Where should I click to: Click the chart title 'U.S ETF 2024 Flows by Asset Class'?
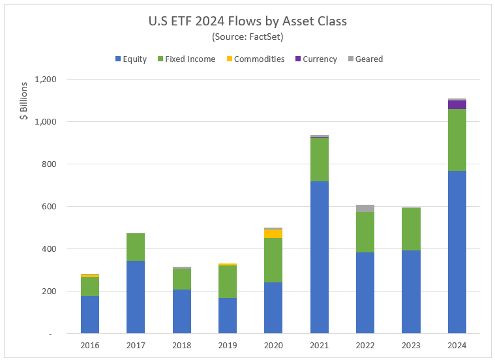click(x=247, y=21)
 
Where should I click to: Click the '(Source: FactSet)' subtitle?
click(x=247, y=37)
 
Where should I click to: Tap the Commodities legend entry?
click(x=254, y=59)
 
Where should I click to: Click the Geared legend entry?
click(x=365, y=59)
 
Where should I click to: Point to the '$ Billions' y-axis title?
click(x=24, y=101)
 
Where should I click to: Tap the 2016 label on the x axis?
click(x=90, y=346)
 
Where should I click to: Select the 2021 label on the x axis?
click(x=320, y=346)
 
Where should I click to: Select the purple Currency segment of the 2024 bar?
click(x=457, y=104)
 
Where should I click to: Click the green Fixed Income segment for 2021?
click(x=320, y=159)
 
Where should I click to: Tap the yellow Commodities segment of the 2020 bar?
click(x=273, y=233)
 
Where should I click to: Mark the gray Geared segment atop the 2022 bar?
click(x=365, y=208)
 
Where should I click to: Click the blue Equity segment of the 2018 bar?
click(x=182, y=311)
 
